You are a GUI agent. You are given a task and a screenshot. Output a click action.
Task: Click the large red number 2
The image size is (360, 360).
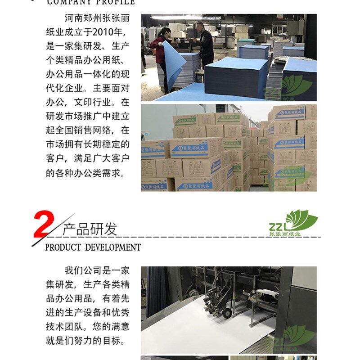tap(44, 225)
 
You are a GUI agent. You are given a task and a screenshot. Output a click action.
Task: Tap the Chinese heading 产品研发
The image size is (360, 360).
tap(90, 229)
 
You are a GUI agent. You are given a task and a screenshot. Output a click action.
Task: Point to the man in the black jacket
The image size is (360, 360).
tap(205, 45)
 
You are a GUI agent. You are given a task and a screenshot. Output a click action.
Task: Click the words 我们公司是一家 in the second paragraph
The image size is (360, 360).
tap(97, 270)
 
